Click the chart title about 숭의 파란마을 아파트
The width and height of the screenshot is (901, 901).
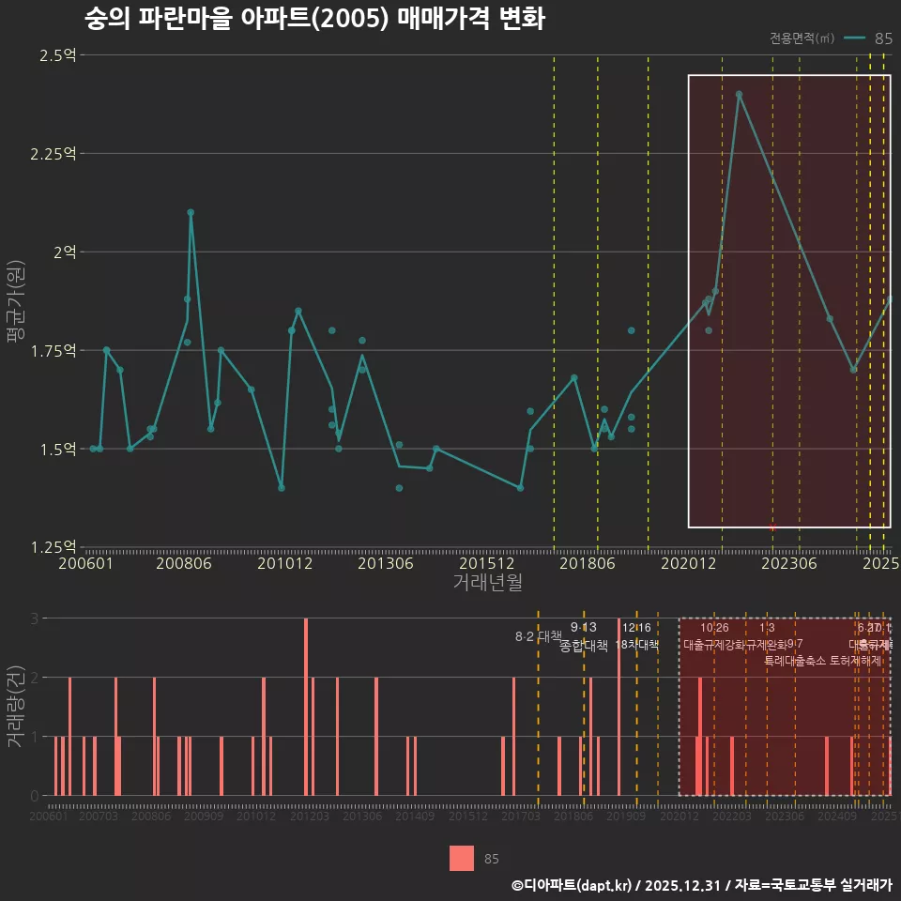point(313,19)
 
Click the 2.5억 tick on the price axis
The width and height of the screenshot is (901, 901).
point(57,55)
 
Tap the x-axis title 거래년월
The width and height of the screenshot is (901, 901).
point(487,582)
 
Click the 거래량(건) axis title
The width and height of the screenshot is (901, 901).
point(16,707)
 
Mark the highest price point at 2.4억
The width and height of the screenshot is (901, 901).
point(739,94)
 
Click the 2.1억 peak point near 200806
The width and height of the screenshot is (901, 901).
point(191,212)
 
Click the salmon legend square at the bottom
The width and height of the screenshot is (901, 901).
point(461,858)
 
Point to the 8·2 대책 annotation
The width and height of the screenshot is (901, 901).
point(538,636)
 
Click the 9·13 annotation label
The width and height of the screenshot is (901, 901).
point(583,627)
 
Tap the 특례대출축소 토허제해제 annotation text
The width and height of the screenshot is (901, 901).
point(822,661)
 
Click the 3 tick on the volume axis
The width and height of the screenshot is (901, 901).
point(35,618)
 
